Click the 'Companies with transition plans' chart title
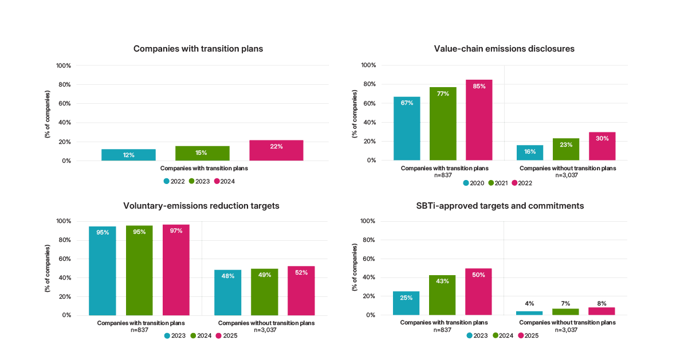pos(198,49)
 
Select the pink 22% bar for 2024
pos(276,150)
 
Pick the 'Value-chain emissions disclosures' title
pos(504,49)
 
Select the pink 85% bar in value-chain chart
pos(479,120)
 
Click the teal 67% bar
pos(407,128)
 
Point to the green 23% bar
pos(566,150)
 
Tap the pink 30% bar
pos(602,146)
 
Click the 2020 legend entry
pos(473,183)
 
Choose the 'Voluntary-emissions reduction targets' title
pos(201,206)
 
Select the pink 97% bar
pos(176,270)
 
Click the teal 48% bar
pos(227,292)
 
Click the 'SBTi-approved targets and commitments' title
pos(500,206)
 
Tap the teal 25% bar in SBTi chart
pos(406,303)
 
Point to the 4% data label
pos(529,304)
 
